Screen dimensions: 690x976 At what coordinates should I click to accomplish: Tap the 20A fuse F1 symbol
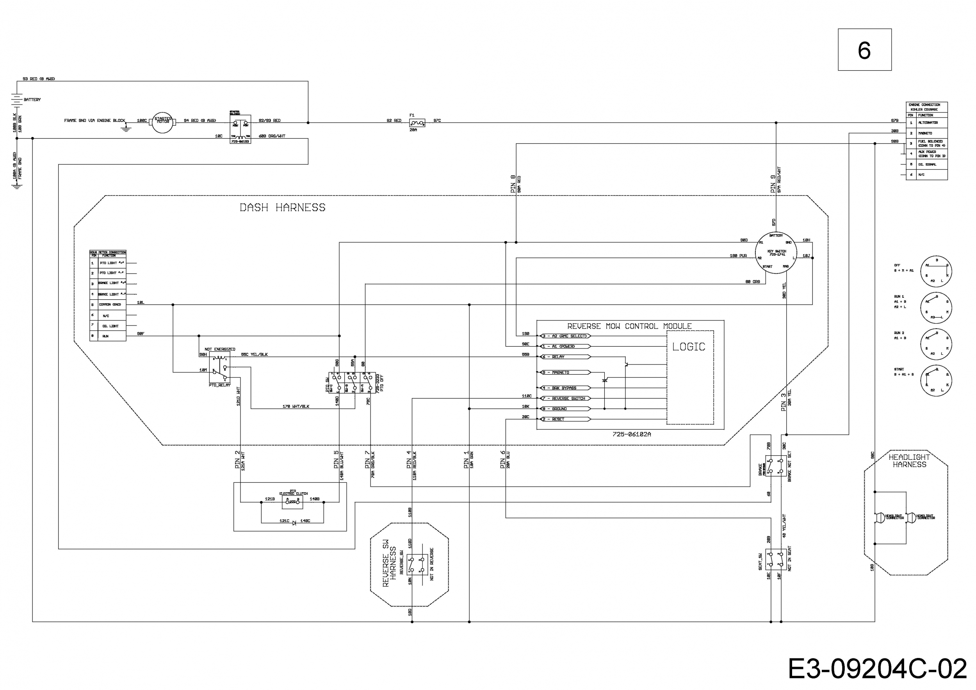pyautogui.click(x=417, y=123)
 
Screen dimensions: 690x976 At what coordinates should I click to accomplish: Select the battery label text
pyautogui.click(x=32, y=100)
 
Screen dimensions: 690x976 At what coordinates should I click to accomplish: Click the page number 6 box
pyautogui.click(x=864, y=50)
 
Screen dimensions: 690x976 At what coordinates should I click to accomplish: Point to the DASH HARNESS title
pyautogui.click(x=282, y=208)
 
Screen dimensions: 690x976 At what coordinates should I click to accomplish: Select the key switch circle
pyautogui.click(x=776, y=253)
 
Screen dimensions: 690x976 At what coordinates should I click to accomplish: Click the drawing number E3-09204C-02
pyautogui.click(x=876, y=669)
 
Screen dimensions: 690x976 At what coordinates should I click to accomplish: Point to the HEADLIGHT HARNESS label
pyautogui.click(x=909, y=461)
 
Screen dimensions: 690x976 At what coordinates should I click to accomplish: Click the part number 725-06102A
pyautogui.click(x=632, y=434)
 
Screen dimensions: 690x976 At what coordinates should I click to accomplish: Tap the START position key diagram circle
pyautogui.click(x=936, y=382)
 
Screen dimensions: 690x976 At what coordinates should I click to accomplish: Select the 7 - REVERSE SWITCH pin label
pyautogui.click(x=566, y=398)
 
